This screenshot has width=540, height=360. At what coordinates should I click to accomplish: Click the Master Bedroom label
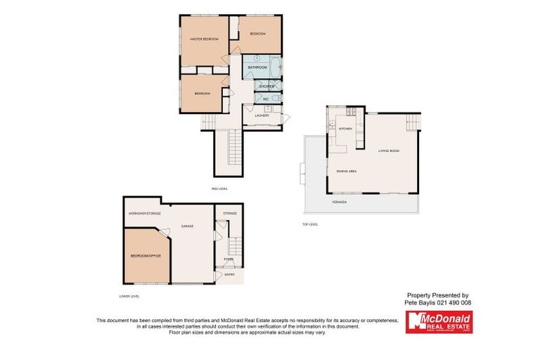coord(204,39)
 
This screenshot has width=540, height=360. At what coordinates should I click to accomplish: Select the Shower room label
coord(266,86)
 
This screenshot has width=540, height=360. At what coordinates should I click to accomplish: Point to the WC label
coord(266,99)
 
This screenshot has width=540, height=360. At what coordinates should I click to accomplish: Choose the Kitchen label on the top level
coord(345,129)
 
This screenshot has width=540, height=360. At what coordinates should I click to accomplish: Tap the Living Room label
coord(389,150)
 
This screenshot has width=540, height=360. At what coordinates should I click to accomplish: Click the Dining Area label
coord(347,172)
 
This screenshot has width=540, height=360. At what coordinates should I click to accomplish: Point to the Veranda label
coord(339,202)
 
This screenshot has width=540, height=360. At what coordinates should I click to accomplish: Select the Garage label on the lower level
coord(188,226)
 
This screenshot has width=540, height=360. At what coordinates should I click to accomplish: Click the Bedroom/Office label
coord(146,255)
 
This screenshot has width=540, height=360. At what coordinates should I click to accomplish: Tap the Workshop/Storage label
coord(144,212)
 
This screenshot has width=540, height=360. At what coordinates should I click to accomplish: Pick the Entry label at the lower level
coord(229,274)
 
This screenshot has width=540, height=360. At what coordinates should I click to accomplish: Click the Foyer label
coord(229,259)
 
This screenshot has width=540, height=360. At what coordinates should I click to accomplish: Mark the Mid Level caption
coord(219,188)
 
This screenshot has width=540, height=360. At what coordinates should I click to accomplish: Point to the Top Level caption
coord(310,224)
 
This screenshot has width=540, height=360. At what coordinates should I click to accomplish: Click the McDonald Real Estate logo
coord(439,322)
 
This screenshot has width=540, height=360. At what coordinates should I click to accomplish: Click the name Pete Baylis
coord(420,302)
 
